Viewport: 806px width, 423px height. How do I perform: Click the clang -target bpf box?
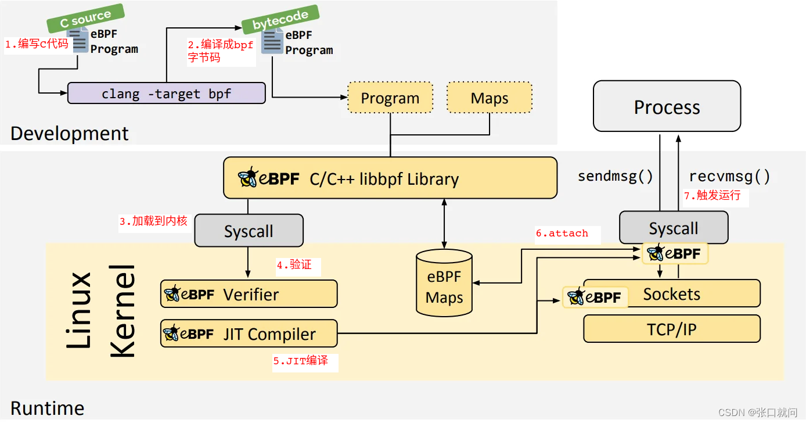(167, 94)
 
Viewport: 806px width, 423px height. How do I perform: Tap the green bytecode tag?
(280, 19)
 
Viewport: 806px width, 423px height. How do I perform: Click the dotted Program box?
(390, 98)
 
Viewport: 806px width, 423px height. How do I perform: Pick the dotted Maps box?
(490, 98)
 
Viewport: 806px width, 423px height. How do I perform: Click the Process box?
(667, 107)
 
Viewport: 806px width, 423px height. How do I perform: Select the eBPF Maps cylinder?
(444, 285)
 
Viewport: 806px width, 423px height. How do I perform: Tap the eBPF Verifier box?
(249, 294)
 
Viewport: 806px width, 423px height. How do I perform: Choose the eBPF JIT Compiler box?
(249, 334)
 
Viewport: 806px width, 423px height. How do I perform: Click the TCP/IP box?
(671, 329)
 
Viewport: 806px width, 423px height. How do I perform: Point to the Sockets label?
(672, 294)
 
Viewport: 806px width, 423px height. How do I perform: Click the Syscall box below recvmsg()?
(674, 228)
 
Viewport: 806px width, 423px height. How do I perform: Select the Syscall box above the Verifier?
(249, 231)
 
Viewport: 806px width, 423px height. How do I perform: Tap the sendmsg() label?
(616, 177)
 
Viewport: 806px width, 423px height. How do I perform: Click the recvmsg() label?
(730, 177)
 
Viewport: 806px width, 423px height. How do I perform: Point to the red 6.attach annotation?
(562, 234)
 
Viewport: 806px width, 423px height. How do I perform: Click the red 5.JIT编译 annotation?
(301, 361)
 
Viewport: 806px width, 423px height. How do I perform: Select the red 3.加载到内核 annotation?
(154, 221)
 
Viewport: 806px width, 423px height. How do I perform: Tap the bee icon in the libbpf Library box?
(248, 178)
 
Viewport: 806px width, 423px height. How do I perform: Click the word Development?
(70, 134)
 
